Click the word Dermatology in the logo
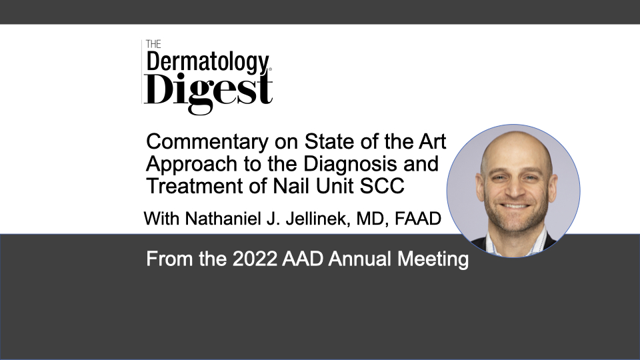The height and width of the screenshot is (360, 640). click(x=208, y=63)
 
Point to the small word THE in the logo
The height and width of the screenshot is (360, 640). click(x=153, y=44)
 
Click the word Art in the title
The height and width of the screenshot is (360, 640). click(x=432, y=141)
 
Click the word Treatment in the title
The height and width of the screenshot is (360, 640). click(x=194, y=186)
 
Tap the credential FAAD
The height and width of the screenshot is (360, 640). click(x=418, y=219)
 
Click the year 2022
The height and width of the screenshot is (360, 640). click(x=255, y=259)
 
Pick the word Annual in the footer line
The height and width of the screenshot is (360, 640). click(x=359, y=259)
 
